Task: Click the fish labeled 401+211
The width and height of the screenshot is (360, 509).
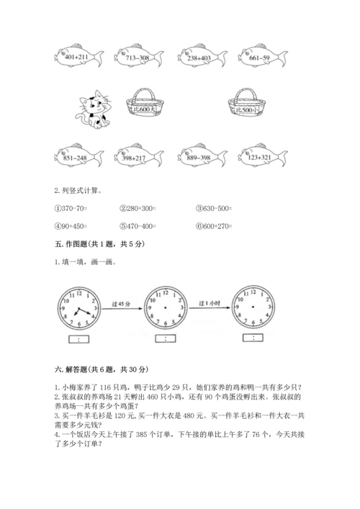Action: pos(76,57)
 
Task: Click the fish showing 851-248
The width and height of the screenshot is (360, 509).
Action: pos(76,157)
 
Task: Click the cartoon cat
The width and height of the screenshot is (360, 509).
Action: pos(91,107)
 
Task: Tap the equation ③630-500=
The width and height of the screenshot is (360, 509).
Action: pos(214,208)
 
